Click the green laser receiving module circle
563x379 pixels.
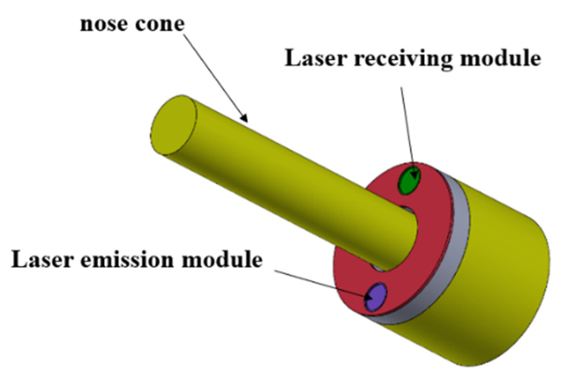coord(408,181)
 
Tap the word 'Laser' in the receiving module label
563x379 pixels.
coord(316,58)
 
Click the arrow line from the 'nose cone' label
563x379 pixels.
coord(214,75)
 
